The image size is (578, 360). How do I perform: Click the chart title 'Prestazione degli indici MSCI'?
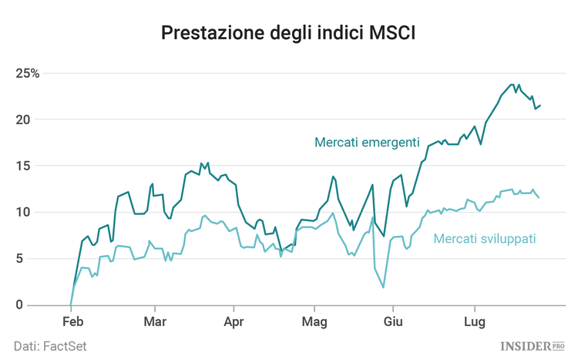(x=288, y=33)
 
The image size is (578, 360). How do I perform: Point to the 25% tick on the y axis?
(x=27, y=73)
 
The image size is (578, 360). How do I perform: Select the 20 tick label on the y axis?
(x=23, y=119)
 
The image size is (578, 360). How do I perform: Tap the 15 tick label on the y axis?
(x=23, y=166)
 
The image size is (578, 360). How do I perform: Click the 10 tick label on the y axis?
(x=23, y=212)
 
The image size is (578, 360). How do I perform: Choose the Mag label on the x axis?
(x=313, y=321)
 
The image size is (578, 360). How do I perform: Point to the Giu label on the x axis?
(x=394, y=321)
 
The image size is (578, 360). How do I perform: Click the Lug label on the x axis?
(x=472, y=321)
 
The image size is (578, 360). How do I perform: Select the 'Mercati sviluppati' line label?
(x=485, y=239)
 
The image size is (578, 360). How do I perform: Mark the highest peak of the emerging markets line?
(x=512, y=84)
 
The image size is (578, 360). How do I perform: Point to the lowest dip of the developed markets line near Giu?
(x=383, y=288)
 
